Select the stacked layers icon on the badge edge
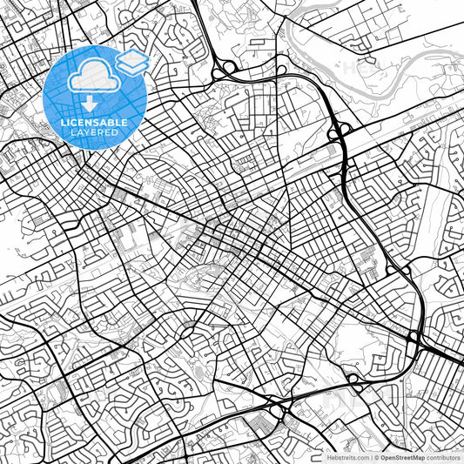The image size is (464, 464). (131, 61)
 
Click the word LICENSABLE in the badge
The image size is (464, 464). (93, 123)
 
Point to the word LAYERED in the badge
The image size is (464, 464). (93, 132)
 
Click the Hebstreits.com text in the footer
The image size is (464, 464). (346, 456)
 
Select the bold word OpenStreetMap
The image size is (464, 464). (403, 456)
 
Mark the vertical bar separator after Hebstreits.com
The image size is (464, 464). (372, 456)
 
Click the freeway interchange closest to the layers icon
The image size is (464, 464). (228, 67)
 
